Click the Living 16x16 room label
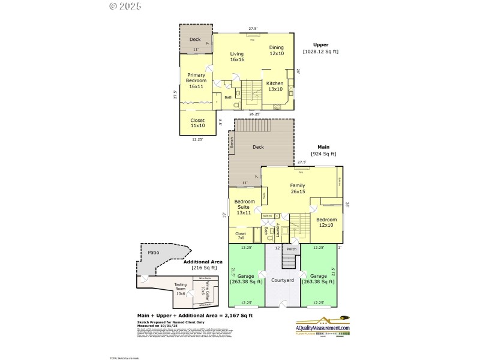coord(237,56)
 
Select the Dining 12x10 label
coord(276,50)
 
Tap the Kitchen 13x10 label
coord(275,86)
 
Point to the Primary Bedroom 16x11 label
coord(196,80)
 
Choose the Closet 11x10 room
coord(197,123)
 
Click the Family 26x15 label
coord(298,189)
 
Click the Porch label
coord(292,249)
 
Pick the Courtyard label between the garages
coord(281,280)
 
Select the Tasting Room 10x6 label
coord(180,289)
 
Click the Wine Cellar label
coord(202,291)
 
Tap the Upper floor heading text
coord(320,44)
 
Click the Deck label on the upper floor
coord(195,40)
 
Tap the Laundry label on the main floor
coord(278,230)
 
